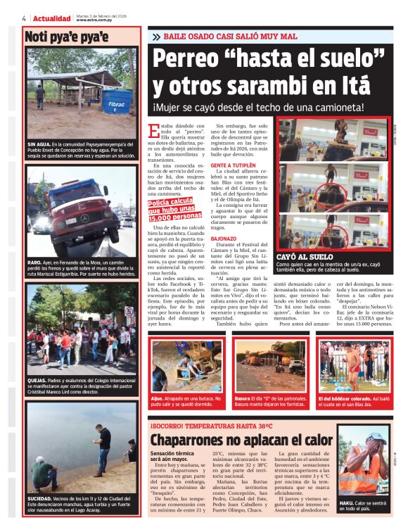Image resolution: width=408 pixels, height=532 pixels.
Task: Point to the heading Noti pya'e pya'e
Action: [x=66, y=37]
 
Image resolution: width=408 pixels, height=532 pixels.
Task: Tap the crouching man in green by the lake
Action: [x=43, y=473]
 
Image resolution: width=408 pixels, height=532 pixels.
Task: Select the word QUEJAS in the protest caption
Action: [x=38, y=379]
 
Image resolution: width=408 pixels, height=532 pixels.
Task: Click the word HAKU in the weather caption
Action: [x=348, y=504]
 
